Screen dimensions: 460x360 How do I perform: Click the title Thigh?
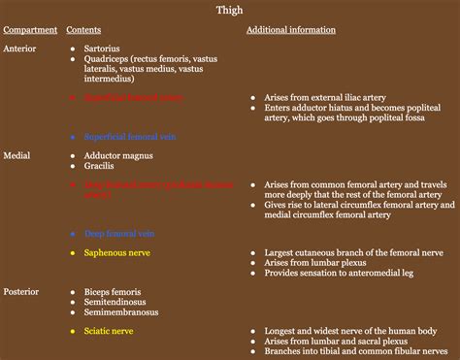[229, 11]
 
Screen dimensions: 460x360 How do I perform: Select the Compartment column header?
[30, 30]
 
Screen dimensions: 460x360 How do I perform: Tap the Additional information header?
[291, 30]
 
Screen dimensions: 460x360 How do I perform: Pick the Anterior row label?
[22, 47]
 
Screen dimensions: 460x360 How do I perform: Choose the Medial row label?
[19, 154]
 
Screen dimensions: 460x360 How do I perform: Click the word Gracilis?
[102, 166]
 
